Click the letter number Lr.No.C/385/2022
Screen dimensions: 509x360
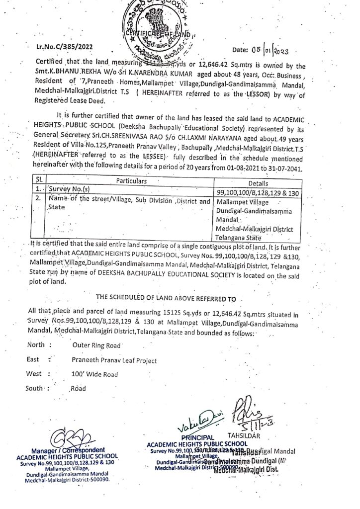pos(66,48)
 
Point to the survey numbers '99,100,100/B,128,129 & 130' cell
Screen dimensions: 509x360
pos(258,192)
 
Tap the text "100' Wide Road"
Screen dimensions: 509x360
pos(94,373)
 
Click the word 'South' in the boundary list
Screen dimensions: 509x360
pos(36,388)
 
